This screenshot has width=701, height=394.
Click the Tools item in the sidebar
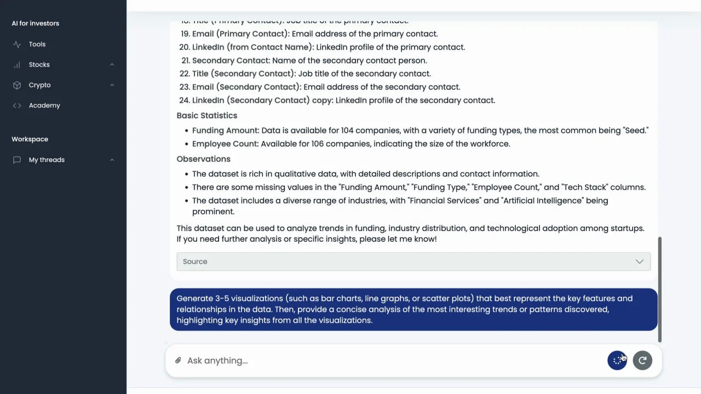pyautogui.click(x=37, y=44)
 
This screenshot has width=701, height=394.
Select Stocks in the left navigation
pyautogui.click(x=39, y=65)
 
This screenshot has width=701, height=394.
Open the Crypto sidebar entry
pyautogui.click(x=39, y=85)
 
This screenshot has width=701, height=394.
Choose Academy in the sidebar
pyautogui.click(x=44, y=106)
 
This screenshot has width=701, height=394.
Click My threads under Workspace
pyautogui.click(x=47, y=160)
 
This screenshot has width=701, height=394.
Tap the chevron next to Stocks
pyautogui.click(x=112, y=65)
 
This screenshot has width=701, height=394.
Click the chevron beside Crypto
pyautogui.click(x=112, y=85)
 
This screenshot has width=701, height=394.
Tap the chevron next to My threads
pyautogui.click(x=112, y=160)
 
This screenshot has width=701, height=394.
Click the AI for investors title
pyautogui.click(x=35, y=24)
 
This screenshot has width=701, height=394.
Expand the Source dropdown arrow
pyautogui.click(x=639, y=262)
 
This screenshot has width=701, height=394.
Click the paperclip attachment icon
pyautogui.click(x=178, y=361)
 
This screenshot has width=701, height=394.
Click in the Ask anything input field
pyautogui.click(x=383, y=361)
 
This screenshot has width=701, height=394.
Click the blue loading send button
pyautogui.click(x=617, y=360)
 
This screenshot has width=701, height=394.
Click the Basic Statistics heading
pyautogui.click(x=206, y=115)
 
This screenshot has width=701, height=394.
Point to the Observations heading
pyautogui.click(x=203, y=159)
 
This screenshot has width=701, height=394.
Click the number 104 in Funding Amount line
pyautogui.click(x=347, y=130)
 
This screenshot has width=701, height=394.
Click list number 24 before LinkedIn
pyautogui.click(x=184, y=100)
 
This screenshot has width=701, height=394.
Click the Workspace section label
pyautogui.click(x=30, y=139)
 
